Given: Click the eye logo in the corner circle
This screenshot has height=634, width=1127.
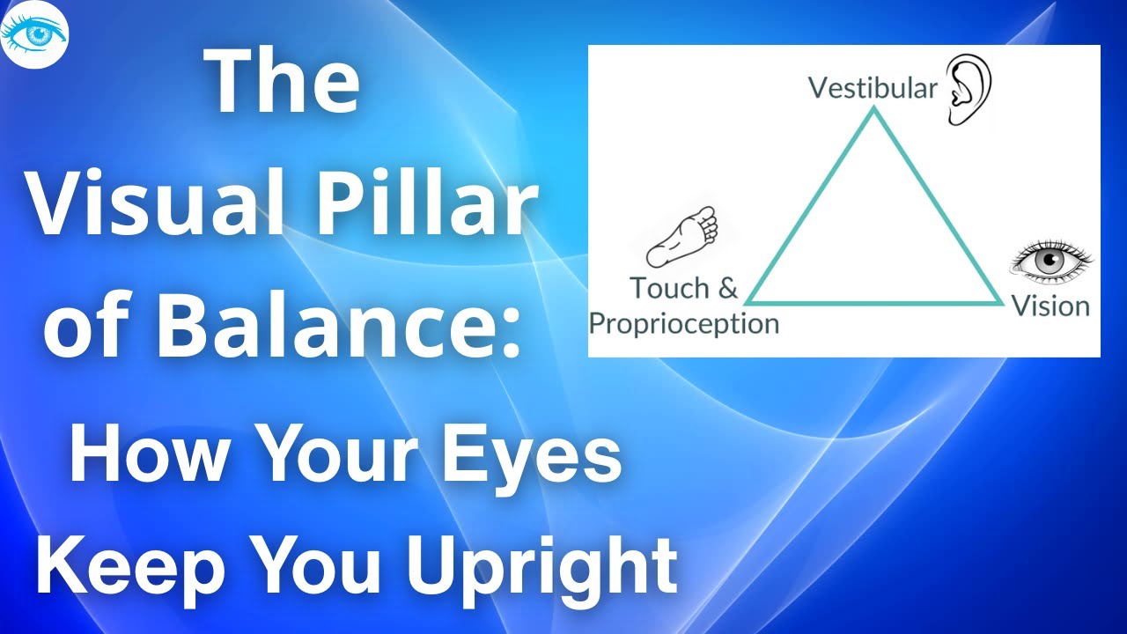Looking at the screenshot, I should click(35, 34).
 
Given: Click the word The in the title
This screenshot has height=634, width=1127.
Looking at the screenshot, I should click(284, 85).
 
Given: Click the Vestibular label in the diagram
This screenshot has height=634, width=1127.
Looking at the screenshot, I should click(873, 88).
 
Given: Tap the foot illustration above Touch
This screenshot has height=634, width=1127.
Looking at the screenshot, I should click(683, 236).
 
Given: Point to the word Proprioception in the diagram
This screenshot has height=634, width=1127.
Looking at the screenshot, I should click(683, 323).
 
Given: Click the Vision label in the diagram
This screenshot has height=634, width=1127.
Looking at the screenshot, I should click(1050, 306).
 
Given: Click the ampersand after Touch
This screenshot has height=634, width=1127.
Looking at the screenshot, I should click(726, 288).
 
